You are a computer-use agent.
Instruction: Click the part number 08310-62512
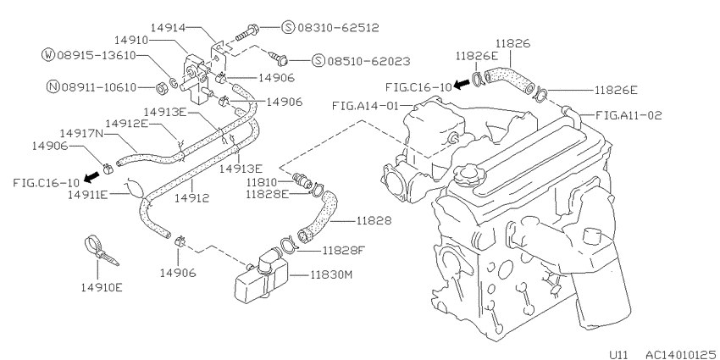click(338, 28)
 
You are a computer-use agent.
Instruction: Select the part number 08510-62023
click(368, 61)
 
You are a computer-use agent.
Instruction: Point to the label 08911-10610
click(99, 86)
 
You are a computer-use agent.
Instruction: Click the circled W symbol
click(47, 55)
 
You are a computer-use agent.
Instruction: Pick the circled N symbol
click(53, 86)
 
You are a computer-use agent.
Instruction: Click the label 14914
click(168, 28)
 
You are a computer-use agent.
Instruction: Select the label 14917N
click(80, 134)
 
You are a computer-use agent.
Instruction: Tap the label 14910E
click(102, 288)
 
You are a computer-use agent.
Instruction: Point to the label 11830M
click(331, 275)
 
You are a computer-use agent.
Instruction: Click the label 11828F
click(343, 250)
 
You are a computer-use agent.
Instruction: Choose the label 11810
click(263, 182)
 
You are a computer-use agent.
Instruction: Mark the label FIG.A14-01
click(365, 106)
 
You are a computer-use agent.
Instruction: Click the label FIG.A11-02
click(629, 115)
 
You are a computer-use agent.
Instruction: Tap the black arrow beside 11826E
click(462, 84)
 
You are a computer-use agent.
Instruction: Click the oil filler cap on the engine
click(468, 175)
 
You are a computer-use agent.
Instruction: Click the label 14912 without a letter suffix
click(192, 198)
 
